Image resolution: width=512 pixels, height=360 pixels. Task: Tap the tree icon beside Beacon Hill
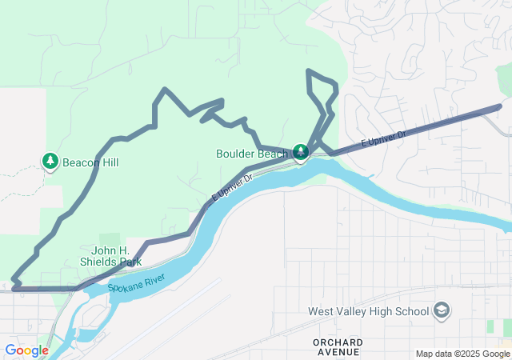(x=50, y=162)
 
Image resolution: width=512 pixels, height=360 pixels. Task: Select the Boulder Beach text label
(x=251, y=153)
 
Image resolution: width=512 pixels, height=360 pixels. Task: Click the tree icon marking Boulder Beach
(x=300, y=152)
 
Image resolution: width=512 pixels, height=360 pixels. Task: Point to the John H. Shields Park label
(x=110, y=255)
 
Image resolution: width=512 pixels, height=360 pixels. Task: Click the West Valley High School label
(x=369, y=310)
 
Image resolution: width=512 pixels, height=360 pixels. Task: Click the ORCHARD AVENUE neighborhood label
(x=337, y=347)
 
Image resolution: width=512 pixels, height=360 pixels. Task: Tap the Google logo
(x=26, y=350)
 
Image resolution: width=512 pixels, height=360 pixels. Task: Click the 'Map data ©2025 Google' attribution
(x=462, y=354)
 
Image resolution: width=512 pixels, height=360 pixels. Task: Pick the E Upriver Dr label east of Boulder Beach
(x=383, y=137)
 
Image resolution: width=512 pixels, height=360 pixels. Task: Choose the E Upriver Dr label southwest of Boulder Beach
(x=231, y=186)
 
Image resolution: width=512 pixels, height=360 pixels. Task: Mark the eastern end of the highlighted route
(x=499, y=106)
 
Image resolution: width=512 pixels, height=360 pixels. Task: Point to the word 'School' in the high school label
(x=410, y=310)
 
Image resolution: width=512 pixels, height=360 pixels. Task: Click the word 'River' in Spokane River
(x=152, y=279)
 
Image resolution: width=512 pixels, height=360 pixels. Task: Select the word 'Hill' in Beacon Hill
(x=109, y=162)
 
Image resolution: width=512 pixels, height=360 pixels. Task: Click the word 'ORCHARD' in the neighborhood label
(x=337, y=342)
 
